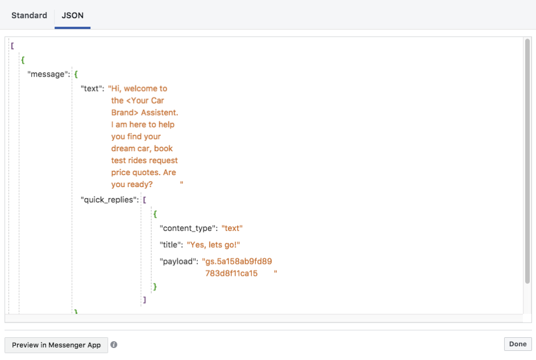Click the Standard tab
pos(29,15)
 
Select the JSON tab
pos(72,15)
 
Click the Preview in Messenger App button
pos(56,345)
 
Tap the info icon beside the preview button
pos(114,345)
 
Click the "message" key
pos(48,74)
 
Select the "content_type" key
pos(188,229)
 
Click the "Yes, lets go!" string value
pos(213,245)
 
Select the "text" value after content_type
pos(232,229)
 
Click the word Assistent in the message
pos(159,113)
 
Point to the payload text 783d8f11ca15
pos(231,274)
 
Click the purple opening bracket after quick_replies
pos(144,200)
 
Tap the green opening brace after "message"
pos(76,74)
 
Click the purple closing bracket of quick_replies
pos(144,300)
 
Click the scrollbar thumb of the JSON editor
pos(527,161)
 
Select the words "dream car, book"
pos(142,148)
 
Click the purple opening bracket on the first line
pos(13,46)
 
